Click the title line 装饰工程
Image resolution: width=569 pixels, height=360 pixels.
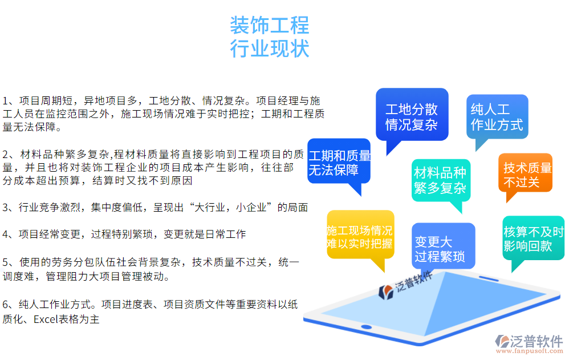(269, 26)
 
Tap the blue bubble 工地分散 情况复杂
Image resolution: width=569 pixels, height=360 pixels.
(411, 117)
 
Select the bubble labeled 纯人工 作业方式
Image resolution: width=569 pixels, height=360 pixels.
(497, 117)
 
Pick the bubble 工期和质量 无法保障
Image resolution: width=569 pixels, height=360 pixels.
(339, 162)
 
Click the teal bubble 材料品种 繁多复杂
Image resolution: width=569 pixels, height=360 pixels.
(440, 180)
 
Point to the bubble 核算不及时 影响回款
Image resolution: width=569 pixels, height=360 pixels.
(533, 238)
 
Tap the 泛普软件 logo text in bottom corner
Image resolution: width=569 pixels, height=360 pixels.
(537, 341)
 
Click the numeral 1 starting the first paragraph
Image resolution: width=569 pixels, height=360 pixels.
(6, 100)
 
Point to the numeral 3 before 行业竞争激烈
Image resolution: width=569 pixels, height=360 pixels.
(6, 208)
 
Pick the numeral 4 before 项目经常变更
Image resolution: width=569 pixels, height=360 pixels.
(6, 234)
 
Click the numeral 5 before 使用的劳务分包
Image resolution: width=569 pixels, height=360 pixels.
(6, 262)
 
